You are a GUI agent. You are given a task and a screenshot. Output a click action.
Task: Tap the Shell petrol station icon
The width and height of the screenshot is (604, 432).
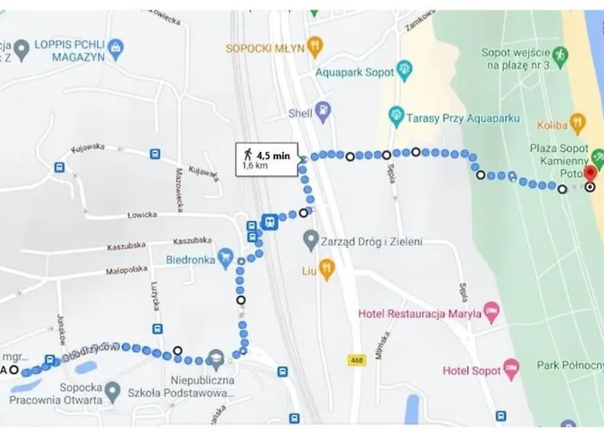[323, 111]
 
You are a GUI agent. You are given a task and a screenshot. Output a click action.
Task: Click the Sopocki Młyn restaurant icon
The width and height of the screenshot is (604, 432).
[316, 48]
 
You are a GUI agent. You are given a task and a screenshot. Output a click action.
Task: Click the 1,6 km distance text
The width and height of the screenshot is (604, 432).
[255, 165]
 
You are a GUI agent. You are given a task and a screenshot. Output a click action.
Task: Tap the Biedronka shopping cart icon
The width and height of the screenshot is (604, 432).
[225, 257]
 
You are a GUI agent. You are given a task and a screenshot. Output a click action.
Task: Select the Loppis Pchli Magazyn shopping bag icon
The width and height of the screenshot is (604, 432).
[117, 45]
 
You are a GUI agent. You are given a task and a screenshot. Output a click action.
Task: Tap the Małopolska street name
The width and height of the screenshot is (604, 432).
[123, 270]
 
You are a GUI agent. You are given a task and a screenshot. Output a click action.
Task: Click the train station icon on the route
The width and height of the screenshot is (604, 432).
[269, 222]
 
